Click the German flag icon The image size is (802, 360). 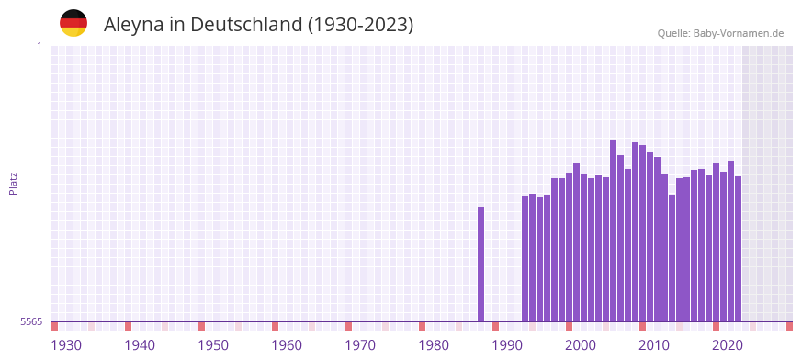pyautogui.click(x=73, y=23)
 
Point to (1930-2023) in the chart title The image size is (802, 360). pyautogui.click(x=361, y=25)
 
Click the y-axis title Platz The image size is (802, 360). pyautogui.click(x=13, y=183)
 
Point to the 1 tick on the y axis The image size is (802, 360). pyautogui.click(x=39, y=46)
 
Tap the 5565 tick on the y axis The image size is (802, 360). pyautogui.click(x=30, y=321)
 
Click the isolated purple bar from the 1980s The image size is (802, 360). pyautogui.click(x=480, y=264)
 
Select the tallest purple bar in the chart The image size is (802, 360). pyautogui.click(x=613, y=230)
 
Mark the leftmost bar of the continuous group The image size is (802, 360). pyautogui.click(x=525, y=258)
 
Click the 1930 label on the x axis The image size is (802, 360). pyautogui.click(x=66, y=344)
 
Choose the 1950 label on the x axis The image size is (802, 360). pyautogui.click(x=213, y=344)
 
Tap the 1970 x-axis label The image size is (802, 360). pyautogui.click(x=360, y=344)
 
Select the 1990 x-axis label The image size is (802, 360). pyautogui.click(x=507, y=344)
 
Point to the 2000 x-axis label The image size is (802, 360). pyautogui.click(x=581, y=344)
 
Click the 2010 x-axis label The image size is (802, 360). pyautogui.click(x=654, y=344)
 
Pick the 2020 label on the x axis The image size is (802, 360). pyautogui.click(x=728, y=344)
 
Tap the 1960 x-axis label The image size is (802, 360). pyautogui.click(x=287, y=344)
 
